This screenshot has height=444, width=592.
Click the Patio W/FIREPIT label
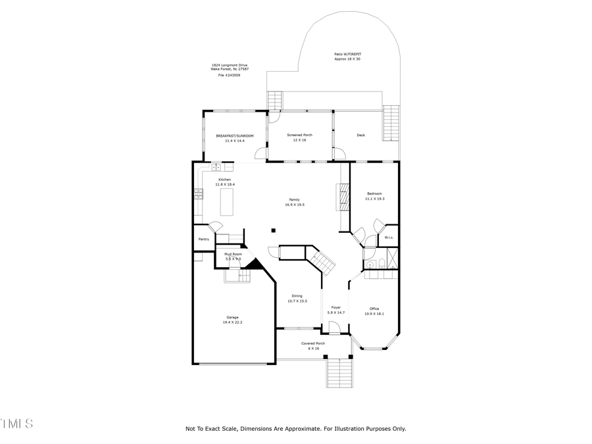[347, 54]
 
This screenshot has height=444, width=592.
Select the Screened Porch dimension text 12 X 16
[299, 140]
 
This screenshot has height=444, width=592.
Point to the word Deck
[360, 136]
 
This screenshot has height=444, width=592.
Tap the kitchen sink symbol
[216, 167]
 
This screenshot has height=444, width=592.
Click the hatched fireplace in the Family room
[342, 195]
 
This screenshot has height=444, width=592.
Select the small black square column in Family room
[274, 230]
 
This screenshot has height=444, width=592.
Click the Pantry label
[204, 239]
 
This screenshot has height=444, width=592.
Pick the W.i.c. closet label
[389, 237]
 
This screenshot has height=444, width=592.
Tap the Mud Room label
[233, 254]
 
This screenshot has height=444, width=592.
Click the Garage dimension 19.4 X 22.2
[233, 322]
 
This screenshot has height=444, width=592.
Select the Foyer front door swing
[335, 329]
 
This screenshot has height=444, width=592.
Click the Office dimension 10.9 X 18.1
[374, 314]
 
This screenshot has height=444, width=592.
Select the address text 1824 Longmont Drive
[229, 65]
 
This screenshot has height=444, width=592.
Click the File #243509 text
[229, 76]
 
